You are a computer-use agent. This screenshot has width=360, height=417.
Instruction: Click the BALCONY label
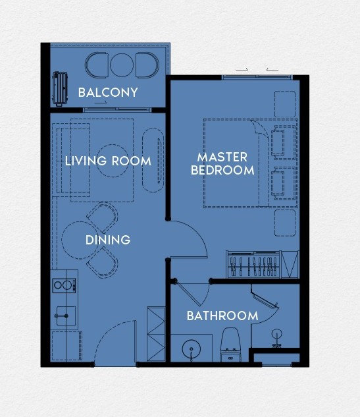click(108, 92)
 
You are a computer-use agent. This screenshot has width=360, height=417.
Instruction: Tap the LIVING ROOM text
click(108, 161)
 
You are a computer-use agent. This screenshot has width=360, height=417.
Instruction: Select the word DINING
click(108, 240)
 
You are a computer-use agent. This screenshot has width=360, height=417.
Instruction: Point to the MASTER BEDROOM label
click(222, 163)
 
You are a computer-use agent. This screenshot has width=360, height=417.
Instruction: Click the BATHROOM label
click(222, 316)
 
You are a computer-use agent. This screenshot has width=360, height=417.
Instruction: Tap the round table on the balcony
click(122, 65)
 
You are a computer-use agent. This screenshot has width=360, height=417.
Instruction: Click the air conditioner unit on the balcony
click(60, 88)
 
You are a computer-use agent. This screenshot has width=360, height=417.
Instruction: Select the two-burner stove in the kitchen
click(64, 285)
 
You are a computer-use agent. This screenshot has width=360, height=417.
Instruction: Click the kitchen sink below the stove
click(66, 316)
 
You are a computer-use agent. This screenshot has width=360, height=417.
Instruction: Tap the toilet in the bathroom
click(231, 345)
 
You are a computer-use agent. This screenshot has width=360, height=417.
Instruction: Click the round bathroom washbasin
click(192, 349)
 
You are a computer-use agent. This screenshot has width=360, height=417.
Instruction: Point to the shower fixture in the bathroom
click(277, 339)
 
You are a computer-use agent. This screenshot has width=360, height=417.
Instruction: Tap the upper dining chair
click(103, 218)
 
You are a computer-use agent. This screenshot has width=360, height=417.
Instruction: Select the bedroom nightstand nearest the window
click(285, 104)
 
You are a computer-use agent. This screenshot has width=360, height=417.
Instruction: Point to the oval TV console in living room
click(153, 160)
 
